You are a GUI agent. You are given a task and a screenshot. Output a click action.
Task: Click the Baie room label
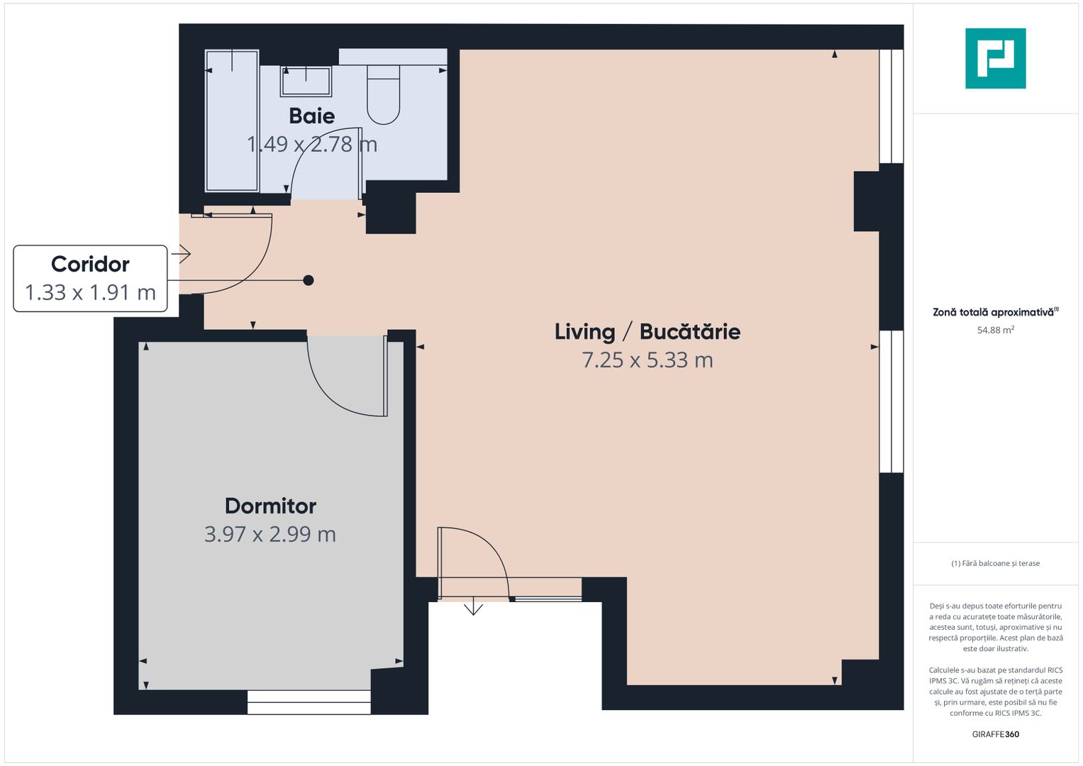tap(311, 116)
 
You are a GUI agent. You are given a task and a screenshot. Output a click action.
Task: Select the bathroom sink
tap(306, 81)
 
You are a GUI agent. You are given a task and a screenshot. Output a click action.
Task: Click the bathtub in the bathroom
tap(232, 121)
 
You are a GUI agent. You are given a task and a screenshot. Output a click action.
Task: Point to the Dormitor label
tap(270, 506)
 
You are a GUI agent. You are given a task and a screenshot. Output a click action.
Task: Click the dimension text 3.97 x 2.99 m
tap(270, 534)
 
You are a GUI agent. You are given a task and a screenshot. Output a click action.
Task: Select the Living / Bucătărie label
tap(647, 331)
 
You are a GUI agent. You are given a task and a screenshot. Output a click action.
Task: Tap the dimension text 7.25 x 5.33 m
tap(647, 360)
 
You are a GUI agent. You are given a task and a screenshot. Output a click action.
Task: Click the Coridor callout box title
tap(90, 264)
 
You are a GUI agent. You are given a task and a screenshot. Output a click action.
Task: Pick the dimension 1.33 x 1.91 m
tap(90, 292)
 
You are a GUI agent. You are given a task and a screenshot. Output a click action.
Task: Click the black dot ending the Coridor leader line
tap(309, 280)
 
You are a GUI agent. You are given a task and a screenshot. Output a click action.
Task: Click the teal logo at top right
tap(995, 58)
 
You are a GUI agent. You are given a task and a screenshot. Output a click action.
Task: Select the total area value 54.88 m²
tap(995, 330)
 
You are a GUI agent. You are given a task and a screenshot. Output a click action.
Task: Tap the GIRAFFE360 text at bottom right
tap(995, 734)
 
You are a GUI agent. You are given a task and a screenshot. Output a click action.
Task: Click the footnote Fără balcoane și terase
tap(995, 563)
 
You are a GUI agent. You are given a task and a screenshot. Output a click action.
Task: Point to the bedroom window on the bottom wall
tap(309, 701)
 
